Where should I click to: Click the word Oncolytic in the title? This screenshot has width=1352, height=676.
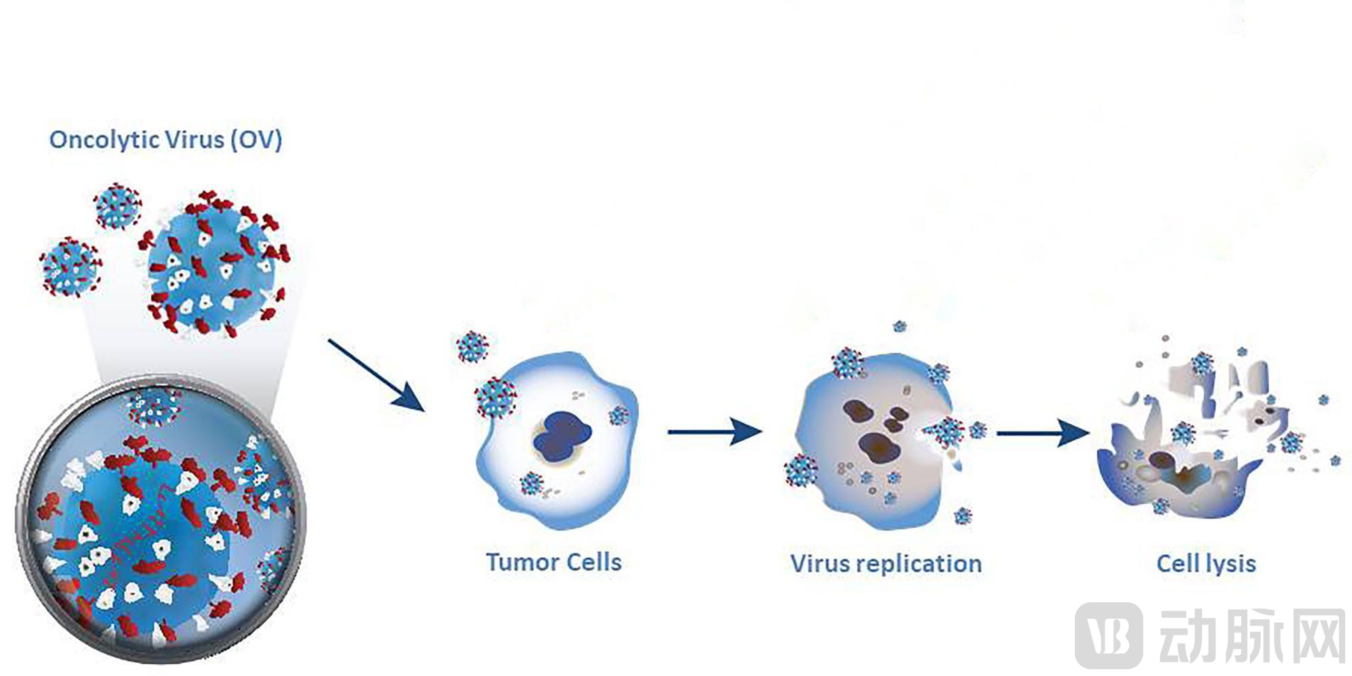[105, 141]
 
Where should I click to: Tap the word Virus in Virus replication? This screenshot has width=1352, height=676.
[819, 563]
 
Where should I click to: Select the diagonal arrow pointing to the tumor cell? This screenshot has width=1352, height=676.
[376, 375]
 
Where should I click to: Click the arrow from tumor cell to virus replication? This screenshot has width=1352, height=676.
[715, 431]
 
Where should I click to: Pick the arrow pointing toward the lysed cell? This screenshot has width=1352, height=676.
[1043, 433]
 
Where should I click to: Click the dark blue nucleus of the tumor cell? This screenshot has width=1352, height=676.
[562, 435]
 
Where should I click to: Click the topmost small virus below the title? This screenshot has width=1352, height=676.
[118, 206]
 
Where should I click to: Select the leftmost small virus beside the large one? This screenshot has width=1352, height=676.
[70, 267]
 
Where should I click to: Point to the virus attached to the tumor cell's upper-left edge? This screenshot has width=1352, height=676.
[496, 397]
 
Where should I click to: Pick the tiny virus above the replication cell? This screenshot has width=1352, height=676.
[900, 327]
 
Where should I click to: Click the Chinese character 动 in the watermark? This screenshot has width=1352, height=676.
[1188, 635]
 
